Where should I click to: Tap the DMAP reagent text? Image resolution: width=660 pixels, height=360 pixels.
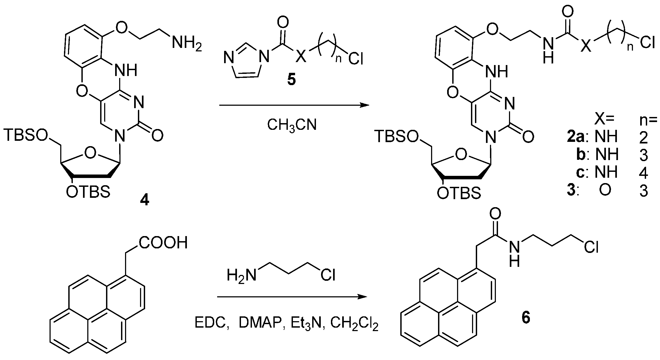click(x=260, y=323)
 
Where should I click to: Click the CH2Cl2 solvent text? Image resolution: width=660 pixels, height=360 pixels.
click(x=354, y=324)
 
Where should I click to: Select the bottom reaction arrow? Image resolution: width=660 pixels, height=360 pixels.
click(x=292, y=297)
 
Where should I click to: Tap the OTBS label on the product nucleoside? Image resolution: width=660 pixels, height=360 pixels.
click(x=459, y=194)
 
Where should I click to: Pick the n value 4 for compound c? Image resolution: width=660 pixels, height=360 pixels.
click(x=643, y=173)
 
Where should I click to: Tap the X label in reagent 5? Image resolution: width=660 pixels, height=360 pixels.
click(x=301, y=57)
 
